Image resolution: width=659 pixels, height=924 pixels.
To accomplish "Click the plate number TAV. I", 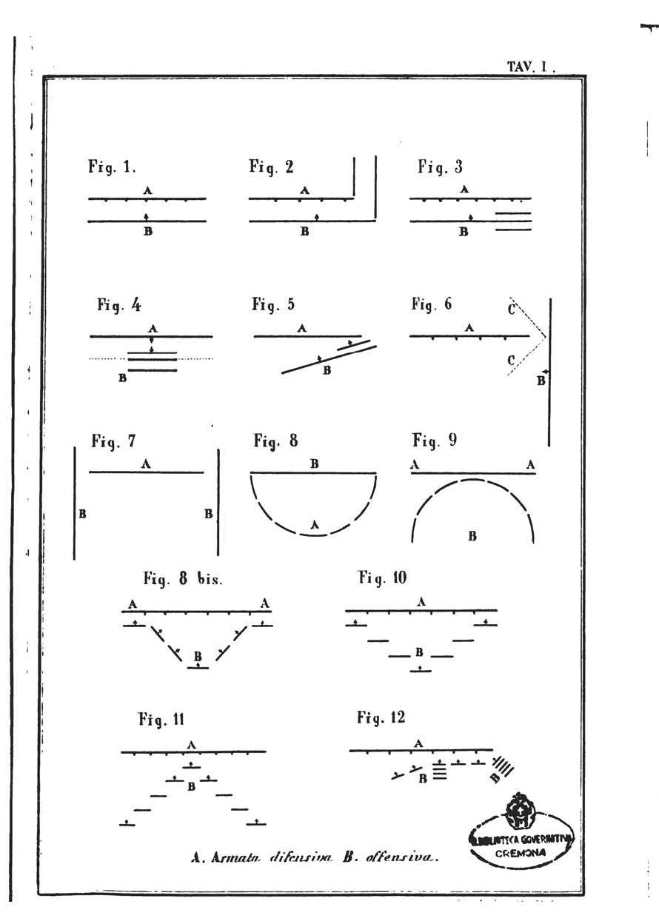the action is pos(530,67).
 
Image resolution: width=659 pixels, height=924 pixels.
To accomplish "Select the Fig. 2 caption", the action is pos(271,168).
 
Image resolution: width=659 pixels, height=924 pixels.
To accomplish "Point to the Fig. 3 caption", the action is pos(440,168).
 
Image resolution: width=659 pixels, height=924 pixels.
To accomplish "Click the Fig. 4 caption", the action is pos(118,304).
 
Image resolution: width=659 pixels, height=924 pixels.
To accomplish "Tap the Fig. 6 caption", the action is pos(432,304).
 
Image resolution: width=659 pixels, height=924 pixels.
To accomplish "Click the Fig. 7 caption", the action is pos(113,442).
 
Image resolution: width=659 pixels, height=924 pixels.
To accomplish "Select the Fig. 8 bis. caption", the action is pos(183,580).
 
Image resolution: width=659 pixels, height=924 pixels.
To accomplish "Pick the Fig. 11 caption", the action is pos(161,718).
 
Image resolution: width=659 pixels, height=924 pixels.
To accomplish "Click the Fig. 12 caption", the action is pos(381,718).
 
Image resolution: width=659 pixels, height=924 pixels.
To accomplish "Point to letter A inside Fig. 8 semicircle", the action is pos(315,524).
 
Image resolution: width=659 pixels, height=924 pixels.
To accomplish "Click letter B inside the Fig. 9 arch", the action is pos(472,536).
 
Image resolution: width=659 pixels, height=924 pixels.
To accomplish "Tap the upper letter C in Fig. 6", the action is pos(512,309).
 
